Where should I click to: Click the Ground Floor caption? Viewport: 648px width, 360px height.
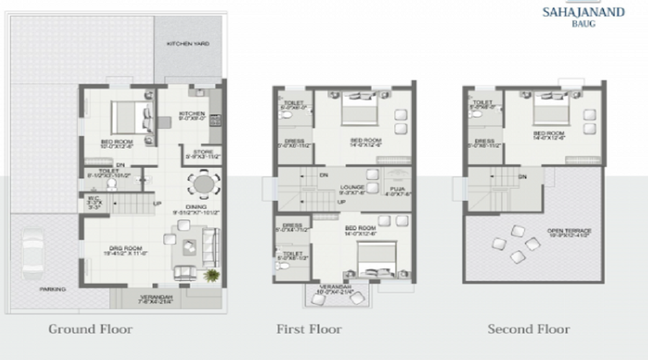click(91, 330)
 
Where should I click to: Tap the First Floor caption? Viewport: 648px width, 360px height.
click(309, 330)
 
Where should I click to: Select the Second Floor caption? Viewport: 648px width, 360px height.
click(528, 330)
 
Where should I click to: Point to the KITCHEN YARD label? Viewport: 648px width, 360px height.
click(188, 44)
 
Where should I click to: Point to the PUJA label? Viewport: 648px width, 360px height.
click(398, 189)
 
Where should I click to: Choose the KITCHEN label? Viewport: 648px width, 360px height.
click(192, 113)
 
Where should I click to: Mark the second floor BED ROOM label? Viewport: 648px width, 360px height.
click(549, 134)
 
